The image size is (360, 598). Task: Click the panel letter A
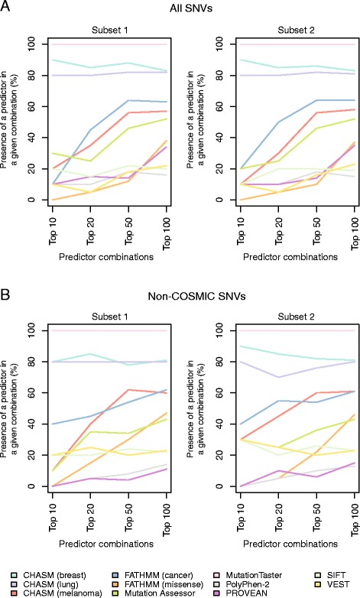[x=6, y=7]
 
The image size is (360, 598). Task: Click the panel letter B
[x=6, y=294]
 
